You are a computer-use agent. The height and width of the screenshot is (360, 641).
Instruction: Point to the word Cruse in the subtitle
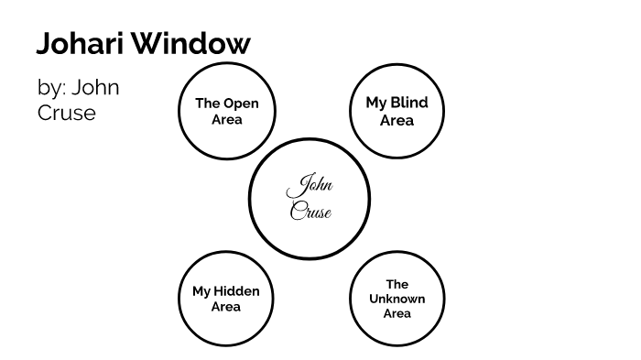click(x=67, y=114)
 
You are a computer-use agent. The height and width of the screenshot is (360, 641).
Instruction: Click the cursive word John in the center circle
click(x=310, y=187)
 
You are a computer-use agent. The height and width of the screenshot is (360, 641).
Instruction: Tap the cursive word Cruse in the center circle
click(x=310, y=212)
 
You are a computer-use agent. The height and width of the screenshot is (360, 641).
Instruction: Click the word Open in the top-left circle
click(x=242, y=104)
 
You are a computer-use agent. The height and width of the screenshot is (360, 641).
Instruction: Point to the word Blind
click(x=408, y=104)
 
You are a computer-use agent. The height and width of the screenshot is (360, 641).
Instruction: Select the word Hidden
click(x=237, y=291)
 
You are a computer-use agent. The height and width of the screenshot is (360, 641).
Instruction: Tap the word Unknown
click(x=397, y=299)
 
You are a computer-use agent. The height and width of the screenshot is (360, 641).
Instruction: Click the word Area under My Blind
click(x=397, y=120)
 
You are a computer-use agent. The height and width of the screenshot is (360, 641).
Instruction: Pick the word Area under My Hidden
click(x=225, y=307)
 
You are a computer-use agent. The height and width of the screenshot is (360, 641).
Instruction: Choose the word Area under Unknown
click(x=397, y=313)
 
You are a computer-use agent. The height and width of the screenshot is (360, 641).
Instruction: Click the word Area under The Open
click(x=226, y=119)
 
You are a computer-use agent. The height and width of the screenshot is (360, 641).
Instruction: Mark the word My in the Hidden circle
click(x=201, y=291)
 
